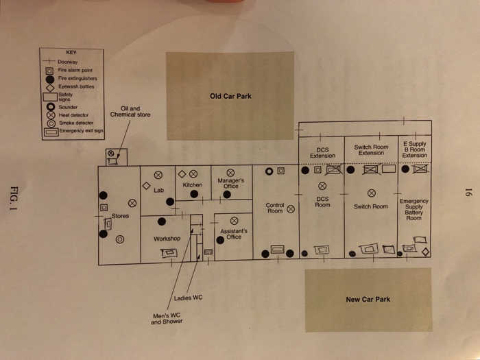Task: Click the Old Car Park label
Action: [x=230, y=96]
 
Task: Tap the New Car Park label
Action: [x=368, y=299]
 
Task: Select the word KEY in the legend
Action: [x=71, y=53]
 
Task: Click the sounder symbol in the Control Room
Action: [x=269, y=171]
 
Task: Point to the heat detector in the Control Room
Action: [x=291, y=209]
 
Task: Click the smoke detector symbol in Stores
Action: [x=120, y=239]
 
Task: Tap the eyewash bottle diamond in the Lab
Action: [x=146, y=186]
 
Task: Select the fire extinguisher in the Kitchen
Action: [x=194, y=195]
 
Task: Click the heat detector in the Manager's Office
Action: [x=231, y=173]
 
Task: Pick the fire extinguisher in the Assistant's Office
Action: [x=220, y=239]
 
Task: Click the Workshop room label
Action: [x=167, y=239]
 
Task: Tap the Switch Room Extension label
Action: [x=371, y=150]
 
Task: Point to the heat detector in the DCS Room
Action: [x=322, y=186]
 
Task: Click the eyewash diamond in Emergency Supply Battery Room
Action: [x=426, y=252]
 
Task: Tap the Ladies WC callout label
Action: [x=188, y=298]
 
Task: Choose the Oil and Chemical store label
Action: [x=130, y=111]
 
